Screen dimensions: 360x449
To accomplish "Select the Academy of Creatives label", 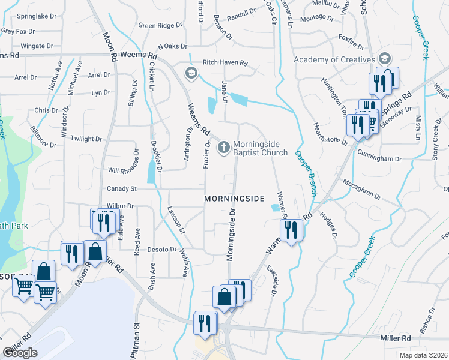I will pyautogui.click(x=334, y=59).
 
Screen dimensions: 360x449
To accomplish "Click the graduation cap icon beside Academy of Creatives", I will pyautogui.click(x=384, y=59).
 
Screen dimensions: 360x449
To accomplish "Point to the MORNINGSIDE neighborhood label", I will pyautogui.click(x=234, y=199).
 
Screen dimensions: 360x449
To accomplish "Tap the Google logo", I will pyautogui.click(x=20, y=353).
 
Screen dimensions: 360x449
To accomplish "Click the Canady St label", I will pyautogui.click(x=122, y=188).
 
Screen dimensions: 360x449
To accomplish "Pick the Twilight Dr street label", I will pyautogui.click(x=86, y=139).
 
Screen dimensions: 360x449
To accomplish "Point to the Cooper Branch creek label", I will pyautogui.click(x=306, y=173).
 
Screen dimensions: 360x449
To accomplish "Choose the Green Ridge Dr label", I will pyautogui.click(x=160, y=26).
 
